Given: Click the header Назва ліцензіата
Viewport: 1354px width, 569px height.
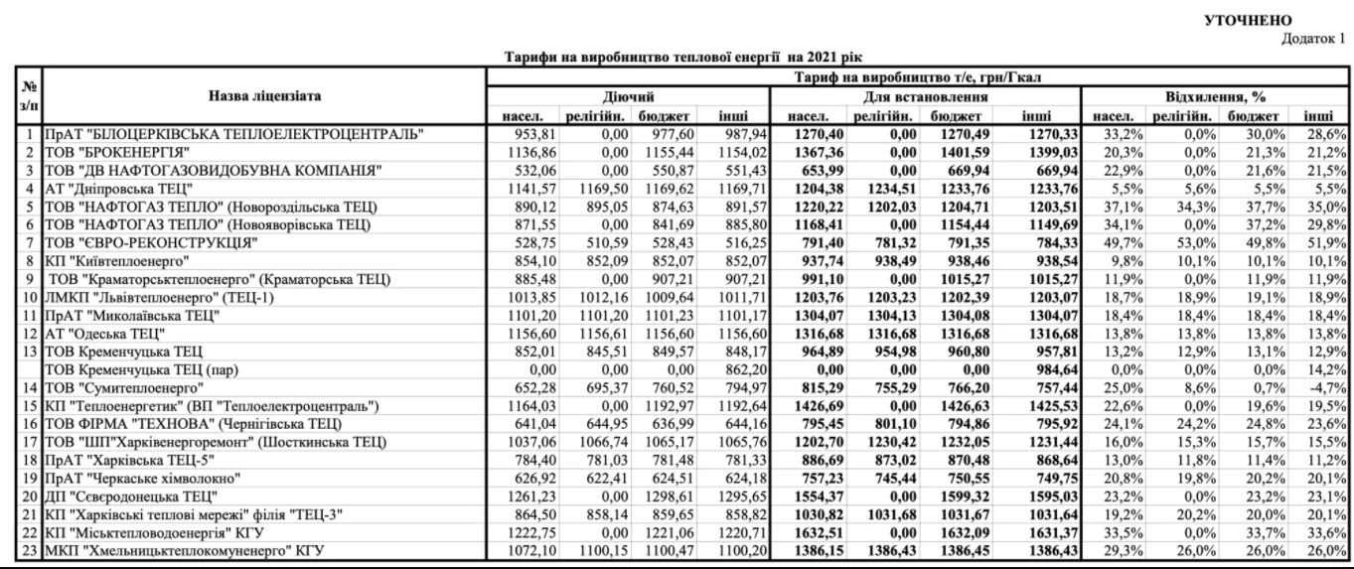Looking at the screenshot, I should [x=264, y=96].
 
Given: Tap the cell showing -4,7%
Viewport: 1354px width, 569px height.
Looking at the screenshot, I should [x=1330, y=385].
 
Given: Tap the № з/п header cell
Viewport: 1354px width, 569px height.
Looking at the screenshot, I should [x=18, y=96].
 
